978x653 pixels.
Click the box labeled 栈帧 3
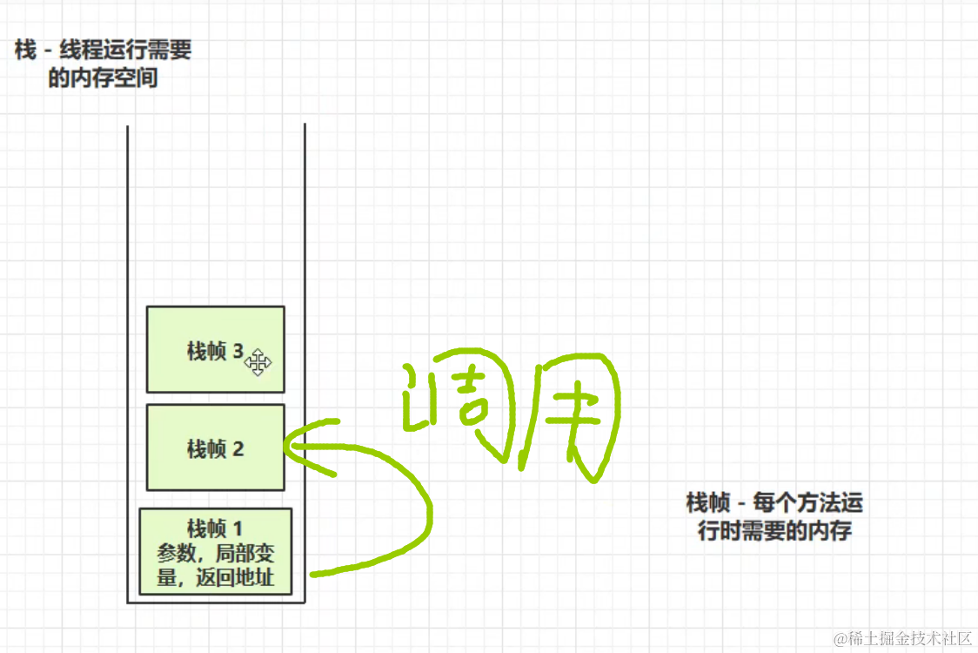coord(215,350)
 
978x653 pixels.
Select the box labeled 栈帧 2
coord(215,448)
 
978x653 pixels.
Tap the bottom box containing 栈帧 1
coord(215,551)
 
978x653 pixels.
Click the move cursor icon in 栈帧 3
coord(258,363)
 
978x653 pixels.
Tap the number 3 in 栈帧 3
coord(238,351)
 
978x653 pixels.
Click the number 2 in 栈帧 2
coord(238,449)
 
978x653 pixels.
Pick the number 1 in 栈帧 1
coord(238,529)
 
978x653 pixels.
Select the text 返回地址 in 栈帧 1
coord(235,577)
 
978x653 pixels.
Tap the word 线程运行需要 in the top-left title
coord(125,50)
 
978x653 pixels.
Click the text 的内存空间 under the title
coord(103,78)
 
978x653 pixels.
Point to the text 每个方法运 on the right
coord(807,502)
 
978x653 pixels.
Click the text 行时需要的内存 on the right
coord(774,530)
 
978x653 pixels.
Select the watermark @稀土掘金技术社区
coord(902,638)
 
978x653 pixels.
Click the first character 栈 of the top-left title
coord(25,50)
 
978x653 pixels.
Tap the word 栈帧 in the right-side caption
coord(708,502)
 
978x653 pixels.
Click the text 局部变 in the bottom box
coord(244,553)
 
